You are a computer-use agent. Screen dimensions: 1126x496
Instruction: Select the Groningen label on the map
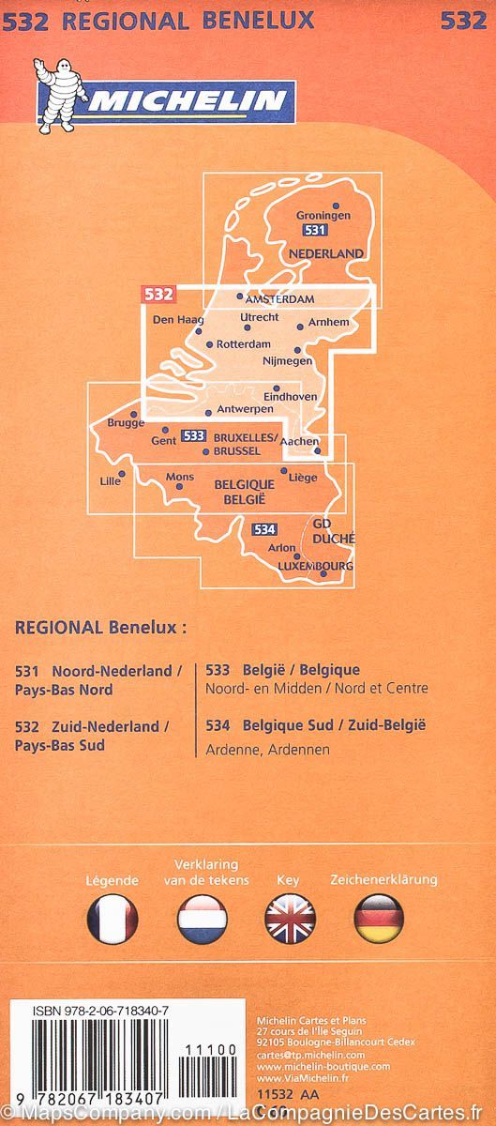[x=323, y=215]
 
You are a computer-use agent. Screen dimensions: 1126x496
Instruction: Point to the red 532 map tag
[x=158, y=294]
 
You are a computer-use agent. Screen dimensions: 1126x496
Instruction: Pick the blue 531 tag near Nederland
[x=315, y=231]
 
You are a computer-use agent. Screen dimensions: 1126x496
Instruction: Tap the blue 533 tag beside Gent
[x=194, y=435]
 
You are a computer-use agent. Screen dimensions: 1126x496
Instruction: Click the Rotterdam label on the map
[x=243, y=344]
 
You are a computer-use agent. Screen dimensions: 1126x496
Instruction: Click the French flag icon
[x=113, y=919]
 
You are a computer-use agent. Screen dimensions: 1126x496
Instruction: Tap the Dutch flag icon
[x=202, y=919]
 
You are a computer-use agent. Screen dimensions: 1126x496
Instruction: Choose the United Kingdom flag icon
[x=290, y=919]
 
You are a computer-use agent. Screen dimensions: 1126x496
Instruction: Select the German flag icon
[x=379, y=919]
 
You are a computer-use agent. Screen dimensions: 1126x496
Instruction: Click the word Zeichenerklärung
[x=383, y=880]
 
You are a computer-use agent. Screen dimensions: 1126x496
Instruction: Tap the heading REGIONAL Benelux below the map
[x=100, y=628]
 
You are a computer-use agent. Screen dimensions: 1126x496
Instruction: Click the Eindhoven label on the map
[x=290, y=397]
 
